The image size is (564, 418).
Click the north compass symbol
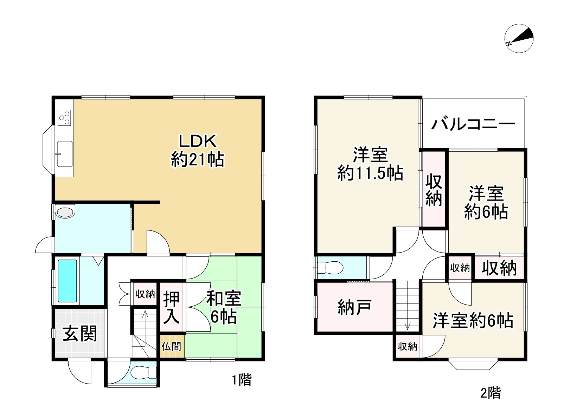[x=519, y=39]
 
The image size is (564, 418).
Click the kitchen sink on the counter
[x=65, y=154]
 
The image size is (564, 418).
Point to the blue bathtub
[x=67, y=281]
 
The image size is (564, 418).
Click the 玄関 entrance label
[x=80, y=334]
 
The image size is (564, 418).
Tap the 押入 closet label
[x=172, y=307]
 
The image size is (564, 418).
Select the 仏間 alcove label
[x=171, y=347]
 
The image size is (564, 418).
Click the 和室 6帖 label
[x=224, y=307]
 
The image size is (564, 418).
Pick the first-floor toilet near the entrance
[x=144, y=372]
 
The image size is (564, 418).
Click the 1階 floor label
[x=242, y=380]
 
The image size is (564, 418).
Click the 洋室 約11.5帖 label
[x=370, y=164]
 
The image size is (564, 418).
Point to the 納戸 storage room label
[x=354, y=308]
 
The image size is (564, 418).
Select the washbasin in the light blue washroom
[x=65, y=212]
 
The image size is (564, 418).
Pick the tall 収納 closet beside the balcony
[x=434, y=190]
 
